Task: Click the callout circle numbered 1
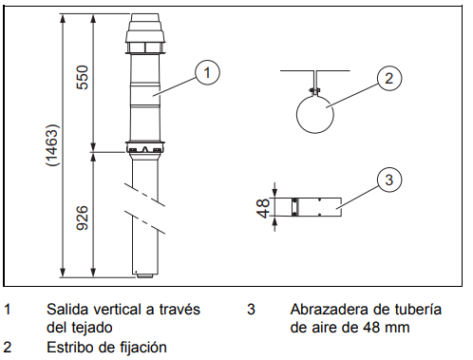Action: pyautogui.click(x=208, y=69)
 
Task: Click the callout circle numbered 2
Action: pyautogui.click(x=386, y=79)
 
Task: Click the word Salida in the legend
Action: pyautogui.click(x=67, y=310)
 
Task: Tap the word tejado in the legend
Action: pyautogui.click(x=90, y=327)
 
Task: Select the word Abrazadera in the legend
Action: pyautogui.click(x=330, y=310)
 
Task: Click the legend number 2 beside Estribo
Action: pyautogui.click(x=9, y=347)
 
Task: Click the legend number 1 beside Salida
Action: pyautogui.click(x=9, y=310)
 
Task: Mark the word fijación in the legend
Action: pyautogui.click(x=140, y=347)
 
